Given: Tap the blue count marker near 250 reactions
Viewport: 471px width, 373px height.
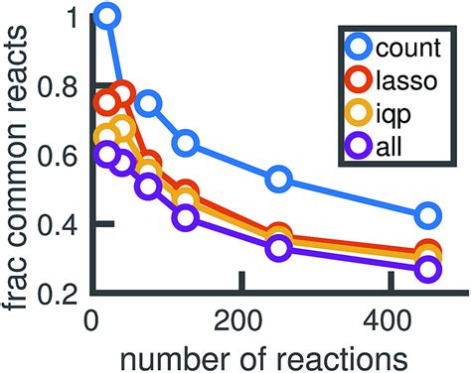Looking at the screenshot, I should pos(279,180).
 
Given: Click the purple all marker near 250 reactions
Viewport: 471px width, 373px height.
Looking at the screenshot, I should pos(279,248).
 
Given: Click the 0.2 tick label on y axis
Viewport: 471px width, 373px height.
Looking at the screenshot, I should pos(56,293).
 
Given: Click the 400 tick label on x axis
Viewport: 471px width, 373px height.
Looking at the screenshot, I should pos(387,322).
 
